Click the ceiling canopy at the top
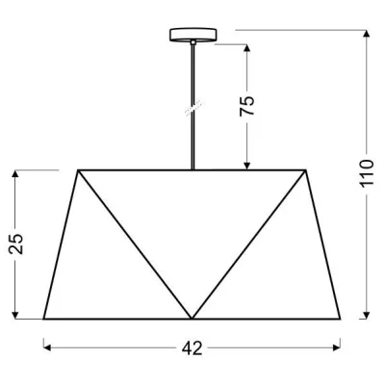coord(192,36)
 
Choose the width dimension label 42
coord(192,348)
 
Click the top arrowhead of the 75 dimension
coord(248,46)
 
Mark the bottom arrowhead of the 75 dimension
coord(248,166)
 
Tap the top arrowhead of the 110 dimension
coord(366,32)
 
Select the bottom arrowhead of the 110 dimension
coord(366,316)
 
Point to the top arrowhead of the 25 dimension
coord(16,174)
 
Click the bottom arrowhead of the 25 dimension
coord(16,316)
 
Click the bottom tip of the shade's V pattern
coord(192,319)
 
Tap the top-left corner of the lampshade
coord(77,170)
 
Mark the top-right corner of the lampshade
coord(309,170)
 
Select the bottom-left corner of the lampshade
coord(43,319)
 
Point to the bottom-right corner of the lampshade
coord(343,319)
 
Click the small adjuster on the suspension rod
coord(192,108)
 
